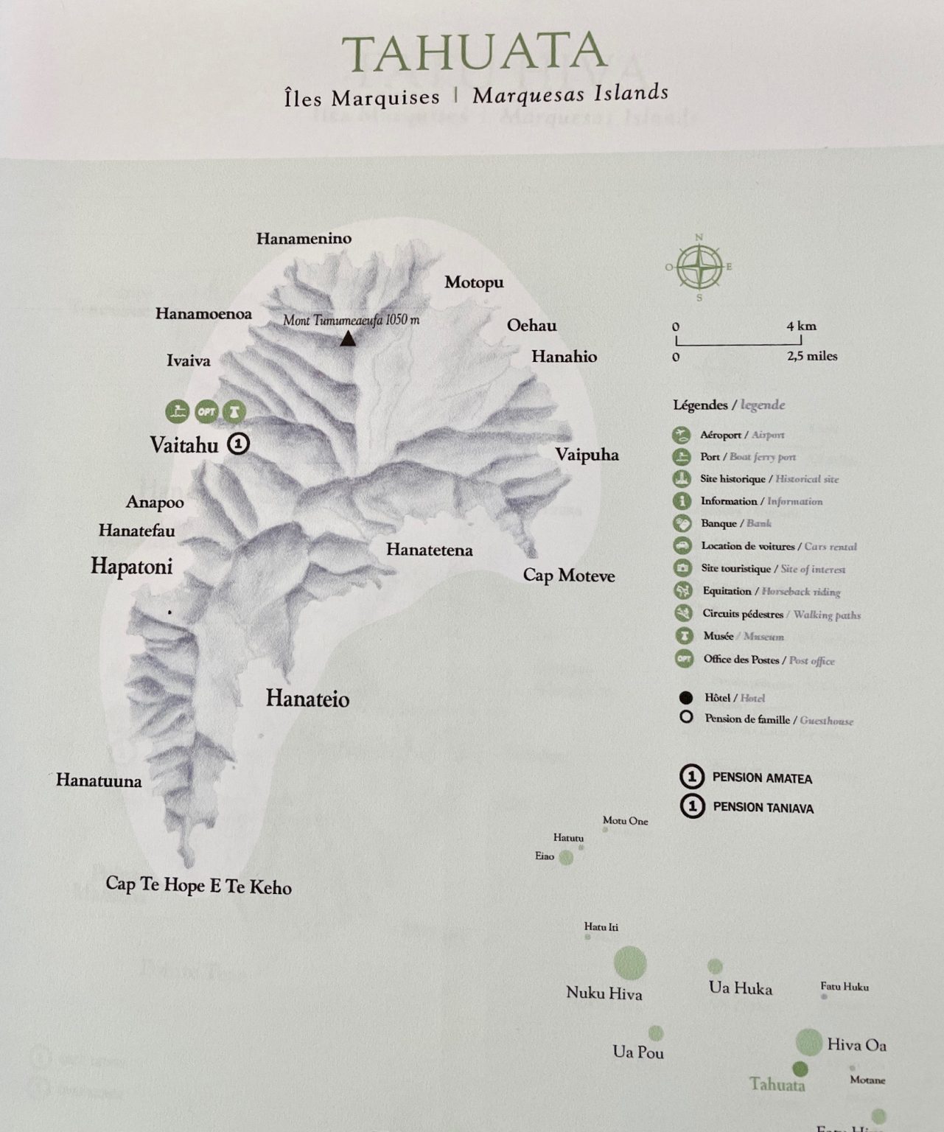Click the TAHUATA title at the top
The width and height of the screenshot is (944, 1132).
pyautogui.click(x=474, y=52)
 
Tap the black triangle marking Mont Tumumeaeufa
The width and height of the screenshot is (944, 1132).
pyautogui.click(x=348, y=339)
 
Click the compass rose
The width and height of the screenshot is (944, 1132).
pyautogui.click(x=699, y=267)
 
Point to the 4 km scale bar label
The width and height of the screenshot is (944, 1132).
pyautogui.click(x=801, y=326)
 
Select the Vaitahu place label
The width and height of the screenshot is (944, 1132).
pyautogui.click(x=184, y=444)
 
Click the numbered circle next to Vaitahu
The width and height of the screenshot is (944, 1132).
pyautogui.click(x=239, y=444)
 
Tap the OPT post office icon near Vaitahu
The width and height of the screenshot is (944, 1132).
pyautogui.click(x=206, y=411)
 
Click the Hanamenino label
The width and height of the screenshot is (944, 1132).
pyautogui.click(x=304, y=238)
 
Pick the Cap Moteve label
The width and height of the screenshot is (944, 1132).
pyautogui.click(x=568, y=575)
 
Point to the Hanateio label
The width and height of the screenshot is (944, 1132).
pyautogui.click(x=307, y=698)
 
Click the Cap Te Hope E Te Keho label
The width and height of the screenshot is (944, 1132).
pyautogui.click(x=198, y=885)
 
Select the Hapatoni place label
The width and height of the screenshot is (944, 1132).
pyautogui.click(x=131, y=565)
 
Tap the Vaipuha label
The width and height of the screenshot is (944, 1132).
pyautogui.click(x=587, y=454)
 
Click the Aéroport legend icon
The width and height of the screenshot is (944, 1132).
pyautogui.click(x=682, y=435)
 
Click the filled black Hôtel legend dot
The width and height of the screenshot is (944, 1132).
pyautogui.click(x=686, y=697)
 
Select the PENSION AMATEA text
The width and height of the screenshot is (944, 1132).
pyautogui.click(x=762, y=778)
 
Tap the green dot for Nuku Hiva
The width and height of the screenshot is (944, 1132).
pyautogui.click(x=630, y=963)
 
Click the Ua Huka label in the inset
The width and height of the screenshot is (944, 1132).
pyautogui.click(x=740, y=988)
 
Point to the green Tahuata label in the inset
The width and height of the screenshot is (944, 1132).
pyautogui.click(x=777, y=1084)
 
